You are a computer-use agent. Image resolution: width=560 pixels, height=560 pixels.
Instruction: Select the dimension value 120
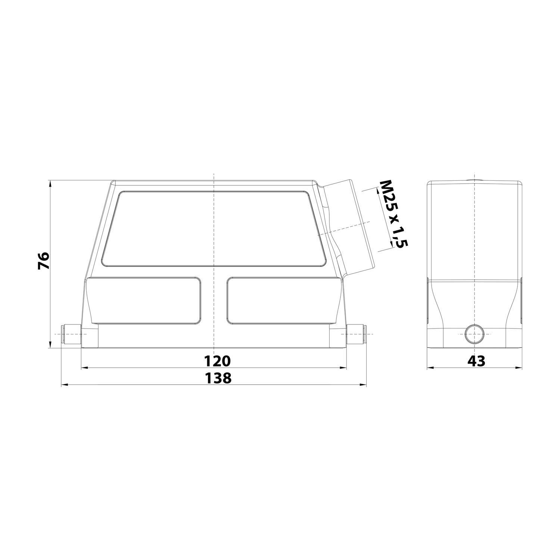[218, 361]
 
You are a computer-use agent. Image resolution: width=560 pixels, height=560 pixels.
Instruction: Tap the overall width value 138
[218, 379]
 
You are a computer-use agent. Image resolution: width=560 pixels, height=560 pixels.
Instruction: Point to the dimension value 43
[476, 361]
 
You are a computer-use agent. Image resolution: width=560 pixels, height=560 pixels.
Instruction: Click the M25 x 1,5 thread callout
[393, 214]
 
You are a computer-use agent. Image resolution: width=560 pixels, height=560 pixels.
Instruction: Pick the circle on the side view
[475, 334]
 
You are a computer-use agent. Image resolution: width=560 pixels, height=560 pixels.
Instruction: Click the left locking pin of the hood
[71, 335]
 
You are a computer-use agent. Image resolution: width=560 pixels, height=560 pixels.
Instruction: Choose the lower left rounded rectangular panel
[145, 300]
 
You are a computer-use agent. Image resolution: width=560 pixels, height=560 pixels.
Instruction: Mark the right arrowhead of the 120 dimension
[344, 368]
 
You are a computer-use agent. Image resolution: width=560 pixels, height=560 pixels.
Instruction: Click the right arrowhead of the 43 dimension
[519, 368]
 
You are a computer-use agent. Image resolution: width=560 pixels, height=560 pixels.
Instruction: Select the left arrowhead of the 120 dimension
[84, 368]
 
